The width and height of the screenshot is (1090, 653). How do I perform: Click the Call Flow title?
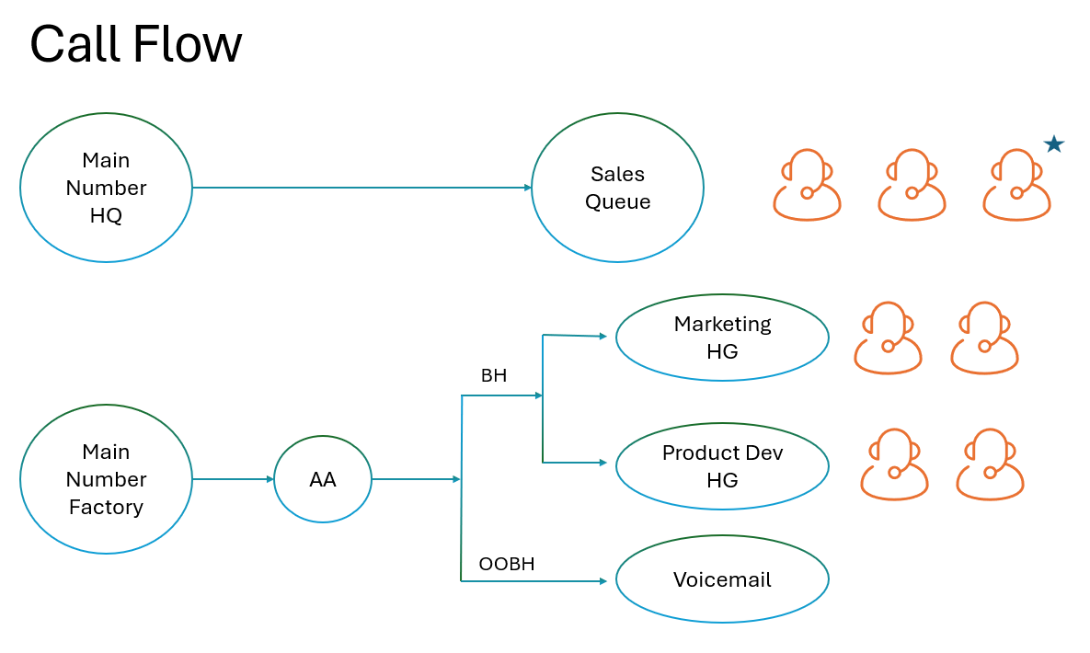[x=135, y=44]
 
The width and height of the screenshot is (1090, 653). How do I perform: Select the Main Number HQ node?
[x=106, y=188]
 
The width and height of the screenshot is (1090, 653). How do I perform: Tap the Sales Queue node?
[x=617, y=188]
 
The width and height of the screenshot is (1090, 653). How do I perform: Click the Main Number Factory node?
[x=106, y=479]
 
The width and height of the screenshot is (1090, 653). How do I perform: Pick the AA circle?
[x=322, y=479]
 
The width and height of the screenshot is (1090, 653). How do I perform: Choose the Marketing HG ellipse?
[x=722, y=338]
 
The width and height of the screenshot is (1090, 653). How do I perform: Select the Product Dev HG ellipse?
[x=722, y=466]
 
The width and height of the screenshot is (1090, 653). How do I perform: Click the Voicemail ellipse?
[x=722, y=580]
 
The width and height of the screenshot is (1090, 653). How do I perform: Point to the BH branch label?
[x=494, y=376]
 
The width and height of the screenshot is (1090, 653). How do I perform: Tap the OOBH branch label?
[x=506, y=564]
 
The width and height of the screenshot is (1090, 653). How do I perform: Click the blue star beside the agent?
[x=1054, y=144]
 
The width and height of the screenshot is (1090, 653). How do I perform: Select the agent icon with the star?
[x=1016, y=186]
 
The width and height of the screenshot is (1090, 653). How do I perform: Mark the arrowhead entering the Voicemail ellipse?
[x=603, y=581]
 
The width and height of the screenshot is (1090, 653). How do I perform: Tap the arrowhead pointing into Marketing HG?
[x=603, y=337]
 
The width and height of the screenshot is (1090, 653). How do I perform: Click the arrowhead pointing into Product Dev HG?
[x=603, y=463]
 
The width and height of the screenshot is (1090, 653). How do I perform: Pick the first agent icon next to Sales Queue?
[x=807, y=186]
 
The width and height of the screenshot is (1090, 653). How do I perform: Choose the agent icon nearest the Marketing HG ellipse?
[x=888, y=338]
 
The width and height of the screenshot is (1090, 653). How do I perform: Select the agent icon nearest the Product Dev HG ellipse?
[x=894, y=464]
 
